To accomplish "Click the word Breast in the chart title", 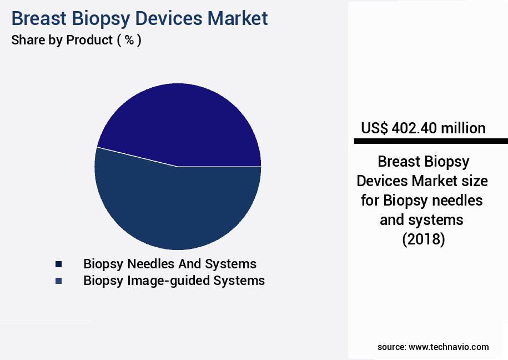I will (x=38, y=18).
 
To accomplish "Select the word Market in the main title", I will (x=238, y=18).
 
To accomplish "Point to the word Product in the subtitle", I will (x=89, y=40).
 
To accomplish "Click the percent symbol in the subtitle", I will (x=129, y=40).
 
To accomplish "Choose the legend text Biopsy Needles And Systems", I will (x=170, y=264).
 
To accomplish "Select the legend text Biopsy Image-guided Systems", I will (x=174, y=281).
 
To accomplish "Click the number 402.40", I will (x=414, y=128).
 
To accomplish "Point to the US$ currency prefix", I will (x=374, y=128).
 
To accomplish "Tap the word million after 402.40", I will (x=463, y=128).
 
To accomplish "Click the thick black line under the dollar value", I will (x=431, y=142).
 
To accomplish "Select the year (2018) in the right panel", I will (x=423, y=239).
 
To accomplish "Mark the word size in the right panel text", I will (x=475, y=181).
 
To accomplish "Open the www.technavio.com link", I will (x=449, y=347).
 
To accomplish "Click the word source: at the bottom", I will (x=391, y=347).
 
